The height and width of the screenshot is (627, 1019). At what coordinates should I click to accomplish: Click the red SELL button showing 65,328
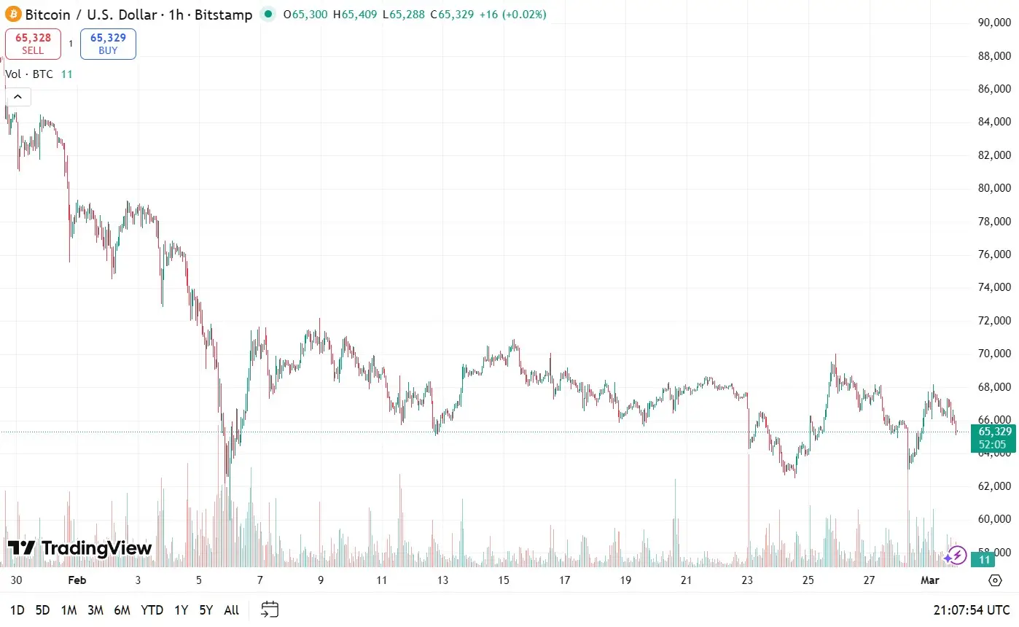coord(33,44)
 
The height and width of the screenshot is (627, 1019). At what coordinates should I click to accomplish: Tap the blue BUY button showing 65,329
coord(108,44)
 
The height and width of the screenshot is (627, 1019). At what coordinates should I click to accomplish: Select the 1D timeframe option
coord(17,610)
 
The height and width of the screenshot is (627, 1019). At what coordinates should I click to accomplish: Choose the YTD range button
coord(152,610)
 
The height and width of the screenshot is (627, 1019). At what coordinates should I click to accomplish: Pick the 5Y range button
coord(207,610)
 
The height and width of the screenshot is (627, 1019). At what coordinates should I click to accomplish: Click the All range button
coord(231,610)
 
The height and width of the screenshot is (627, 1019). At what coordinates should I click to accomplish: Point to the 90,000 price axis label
coord(993,23)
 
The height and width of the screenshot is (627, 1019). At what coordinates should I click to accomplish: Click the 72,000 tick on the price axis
coord(993,321)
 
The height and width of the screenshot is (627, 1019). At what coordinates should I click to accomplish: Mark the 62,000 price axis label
coord(993,486)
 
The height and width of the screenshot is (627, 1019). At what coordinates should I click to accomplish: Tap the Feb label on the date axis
coord(77,580)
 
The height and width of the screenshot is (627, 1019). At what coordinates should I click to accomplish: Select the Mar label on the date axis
coord(948,580)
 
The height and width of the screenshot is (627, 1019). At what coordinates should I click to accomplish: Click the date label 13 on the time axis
coord(442,580)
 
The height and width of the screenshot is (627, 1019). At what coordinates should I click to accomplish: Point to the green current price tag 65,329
coord(993,437)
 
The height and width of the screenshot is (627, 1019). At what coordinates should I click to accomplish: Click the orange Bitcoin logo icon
coord(14,14)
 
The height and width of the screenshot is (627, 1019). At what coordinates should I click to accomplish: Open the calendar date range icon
coord(270,610)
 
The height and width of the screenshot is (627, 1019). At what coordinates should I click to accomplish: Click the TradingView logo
coord(79,548)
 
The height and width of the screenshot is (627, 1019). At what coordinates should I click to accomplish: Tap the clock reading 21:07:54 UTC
coord(972,610)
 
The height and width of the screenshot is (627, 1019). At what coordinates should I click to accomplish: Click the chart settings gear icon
coord(995,580)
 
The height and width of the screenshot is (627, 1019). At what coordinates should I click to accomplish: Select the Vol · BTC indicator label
coord(30,74)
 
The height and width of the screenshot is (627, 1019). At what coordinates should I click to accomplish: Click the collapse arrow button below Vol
coord(17,97)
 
